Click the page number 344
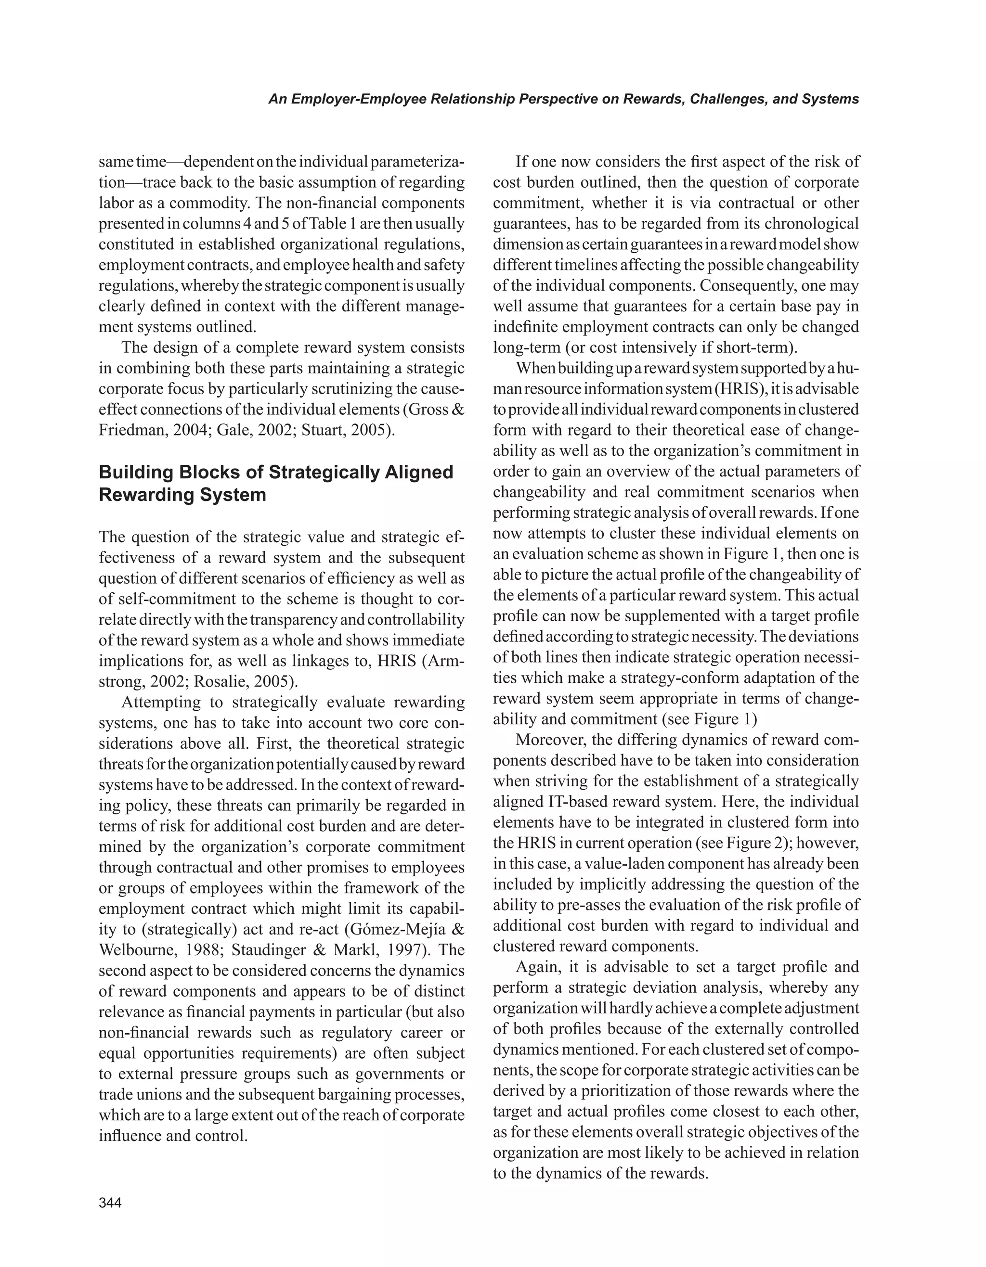[x=110, y=1203]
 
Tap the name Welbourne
[x=137, y=950]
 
